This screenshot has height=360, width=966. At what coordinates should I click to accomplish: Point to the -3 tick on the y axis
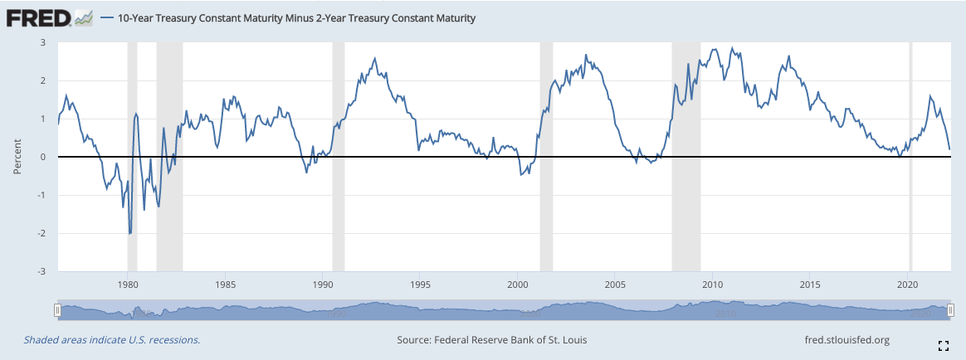pos(41,271)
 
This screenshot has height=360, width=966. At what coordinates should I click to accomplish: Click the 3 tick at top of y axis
pos(42,42)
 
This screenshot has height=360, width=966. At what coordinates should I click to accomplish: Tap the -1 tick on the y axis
pos(41,196)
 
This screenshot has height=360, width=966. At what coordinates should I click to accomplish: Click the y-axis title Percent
pos(17,157)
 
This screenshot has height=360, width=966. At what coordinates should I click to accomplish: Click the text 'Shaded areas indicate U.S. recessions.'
pos(112,340)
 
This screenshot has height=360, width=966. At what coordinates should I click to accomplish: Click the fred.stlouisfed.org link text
pos(846,340)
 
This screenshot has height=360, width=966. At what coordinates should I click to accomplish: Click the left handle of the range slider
pos(57,310)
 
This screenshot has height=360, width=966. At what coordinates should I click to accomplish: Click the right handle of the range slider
pos(951,310)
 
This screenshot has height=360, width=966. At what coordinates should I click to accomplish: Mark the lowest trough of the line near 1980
pos(130,233)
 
